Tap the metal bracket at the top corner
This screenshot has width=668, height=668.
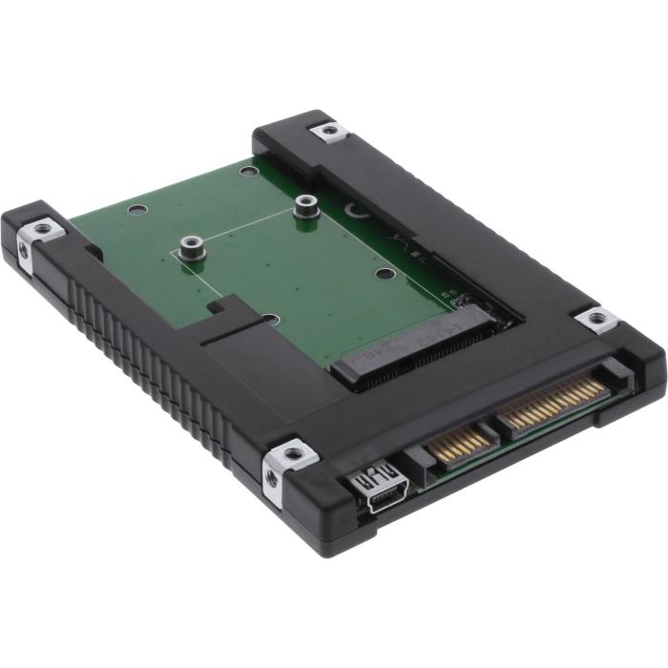coord(327,131)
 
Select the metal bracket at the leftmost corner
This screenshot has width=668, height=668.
coord(43,230)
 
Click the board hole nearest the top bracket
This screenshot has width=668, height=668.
coord(248,173)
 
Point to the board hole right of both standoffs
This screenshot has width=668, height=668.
coord(383,274)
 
